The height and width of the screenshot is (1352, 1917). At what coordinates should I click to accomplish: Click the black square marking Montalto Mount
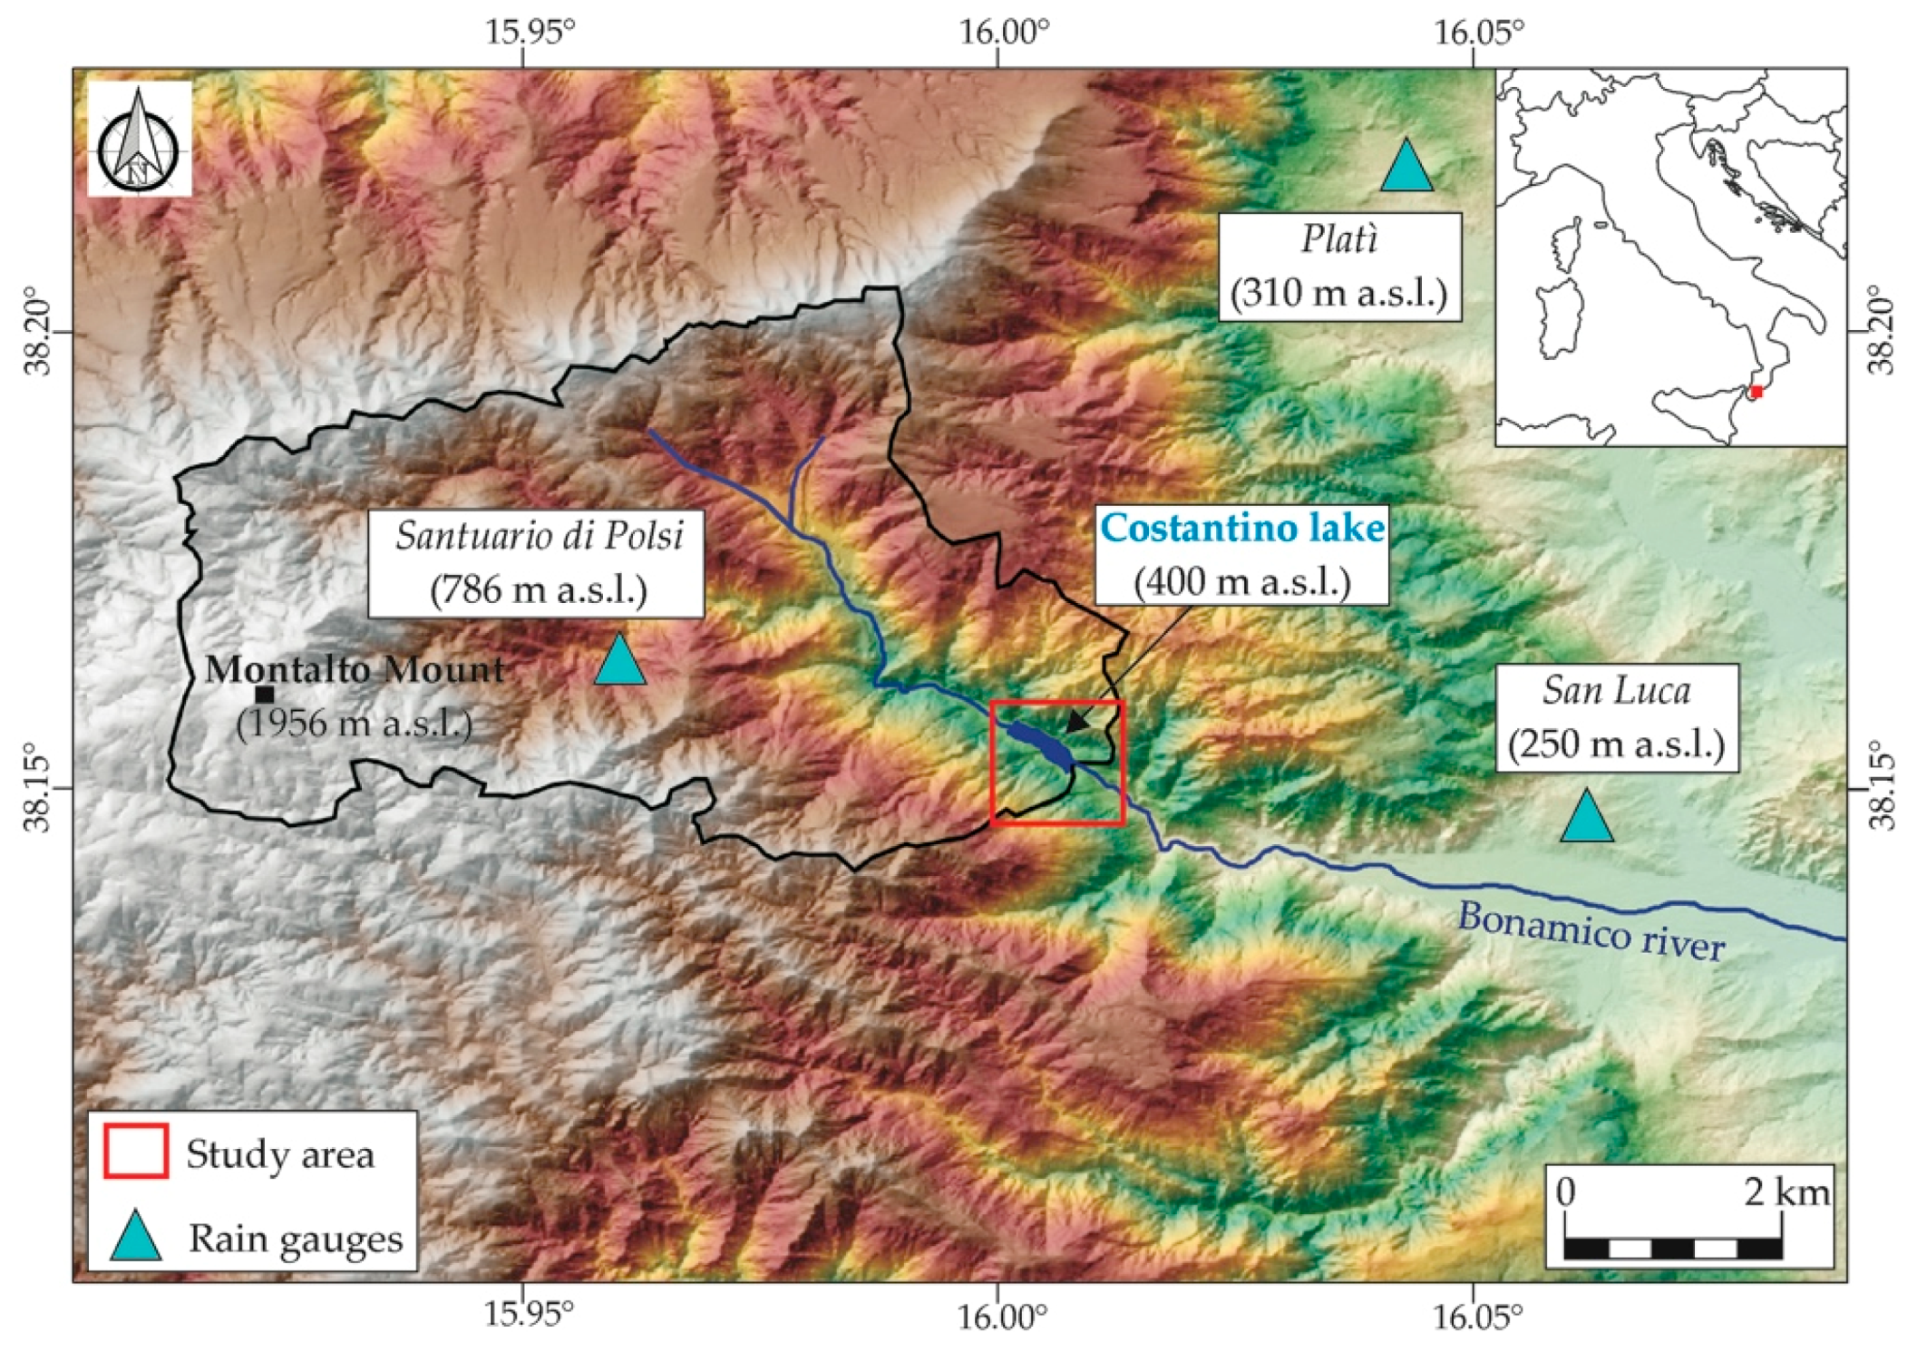coord(265,695)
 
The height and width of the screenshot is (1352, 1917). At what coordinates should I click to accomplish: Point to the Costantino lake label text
coord(1242,529)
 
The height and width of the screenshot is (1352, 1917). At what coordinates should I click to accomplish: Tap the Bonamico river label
coord(1591,930)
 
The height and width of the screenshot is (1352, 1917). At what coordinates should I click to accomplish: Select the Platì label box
coord(1339,267)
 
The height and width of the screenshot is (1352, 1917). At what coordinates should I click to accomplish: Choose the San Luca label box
coord(1617,718)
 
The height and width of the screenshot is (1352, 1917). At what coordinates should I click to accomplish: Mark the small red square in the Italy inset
coord(1756,392)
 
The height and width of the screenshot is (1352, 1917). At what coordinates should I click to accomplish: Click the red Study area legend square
coord(136,1152)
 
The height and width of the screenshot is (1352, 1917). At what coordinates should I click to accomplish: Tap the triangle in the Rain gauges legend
coord(136,1238)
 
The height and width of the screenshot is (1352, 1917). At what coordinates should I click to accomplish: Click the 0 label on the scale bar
coord(1566,1192)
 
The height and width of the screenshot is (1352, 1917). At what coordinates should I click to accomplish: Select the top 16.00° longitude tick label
coord(1004,33)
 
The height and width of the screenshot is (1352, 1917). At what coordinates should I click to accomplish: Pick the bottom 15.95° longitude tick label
coord(530,1315)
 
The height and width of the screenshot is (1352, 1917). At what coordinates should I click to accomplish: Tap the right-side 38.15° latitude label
coord(1883,786)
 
